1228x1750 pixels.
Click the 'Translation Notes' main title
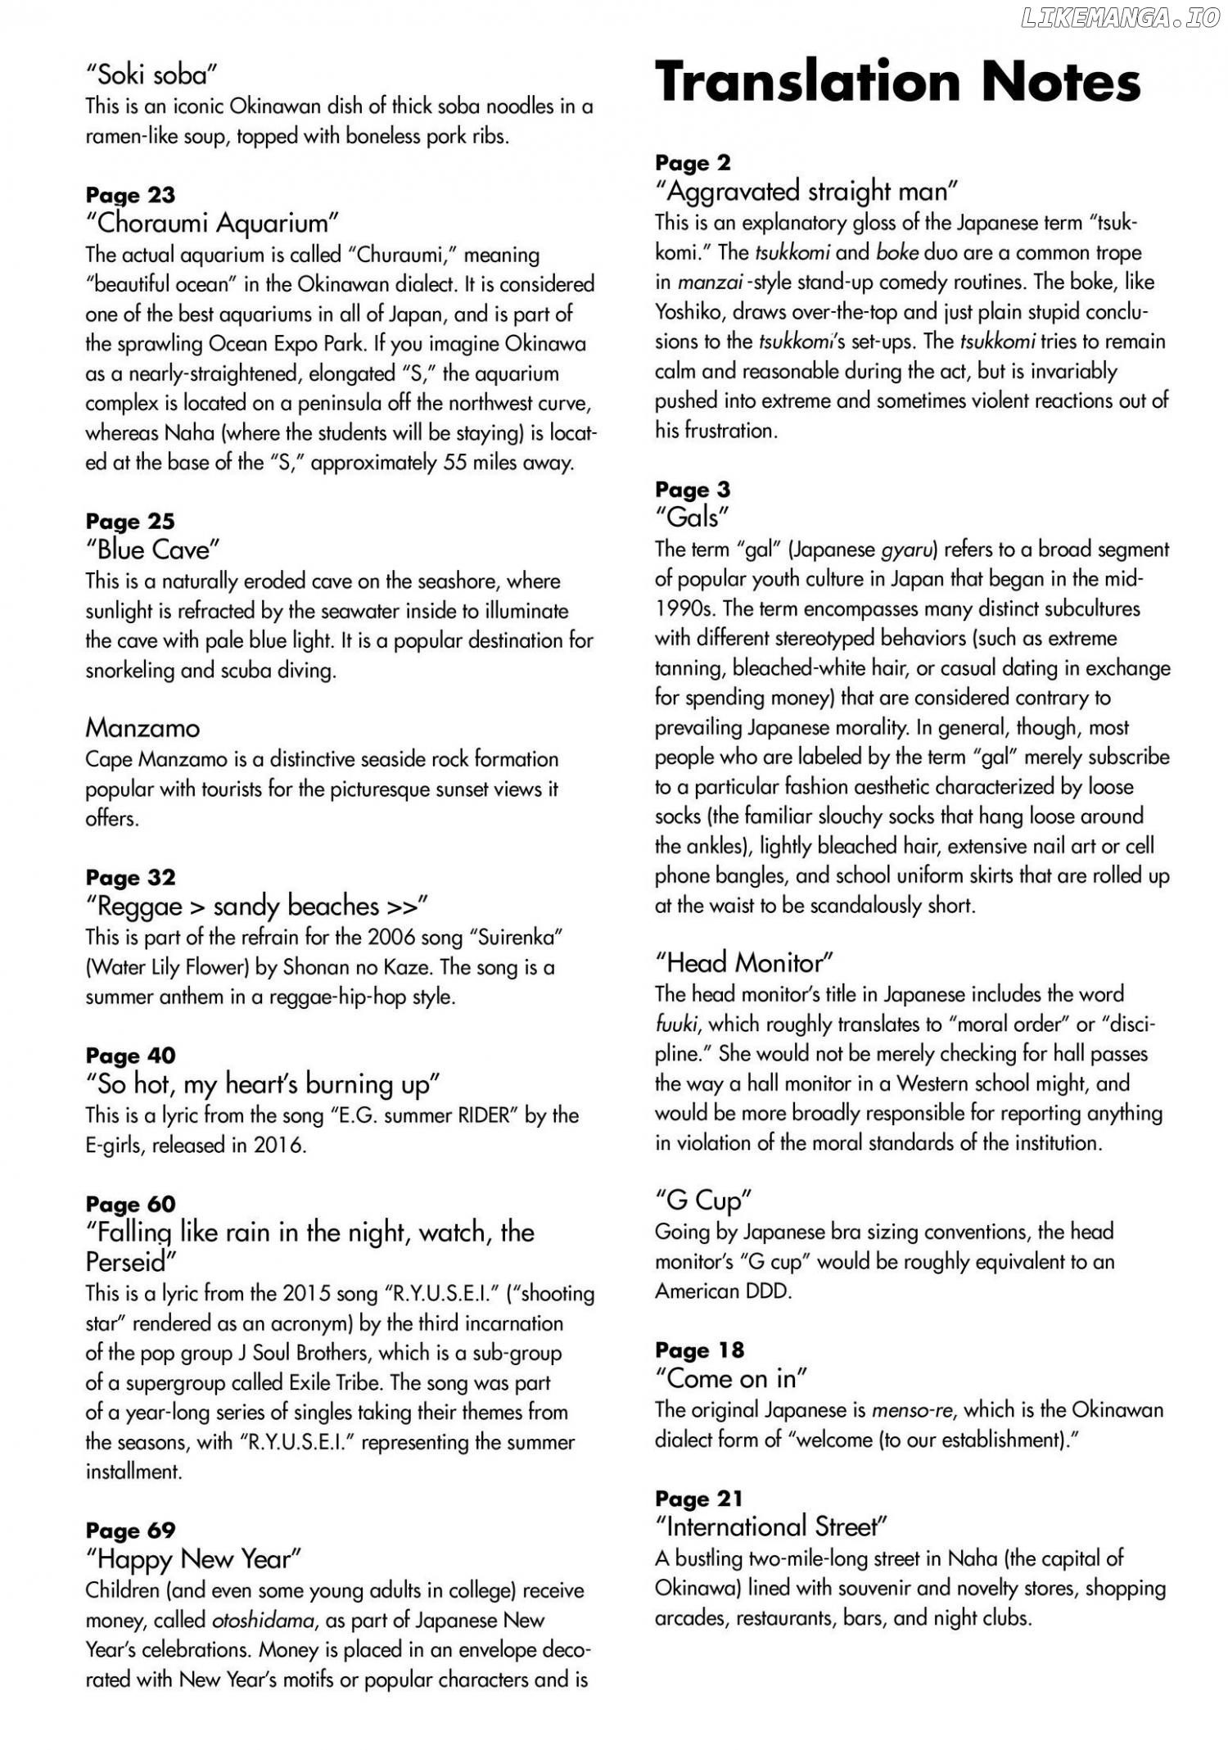(x=897, y=83)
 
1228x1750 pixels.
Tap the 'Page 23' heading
(x=130, y=195)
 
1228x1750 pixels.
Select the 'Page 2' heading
(x=693, y=163)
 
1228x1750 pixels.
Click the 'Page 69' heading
(x=130, y=1531)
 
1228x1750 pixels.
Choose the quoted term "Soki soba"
(x=151, y=75)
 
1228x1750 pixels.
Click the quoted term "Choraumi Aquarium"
(x=212, y=223)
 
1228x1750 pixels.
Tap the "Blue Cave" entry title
(x=153, y=549)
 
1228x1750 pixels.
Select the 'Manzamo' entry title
(x=142, y=727)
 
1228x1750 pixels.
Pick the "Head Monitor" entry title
(x=744, y=962)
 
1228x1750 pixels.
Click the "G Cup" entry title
(x=703, y=1201)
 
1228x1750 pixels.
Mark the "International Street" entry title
(x=771, y=1527)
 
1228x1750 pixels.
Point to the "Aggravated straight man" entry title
(x=806, y=192)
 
